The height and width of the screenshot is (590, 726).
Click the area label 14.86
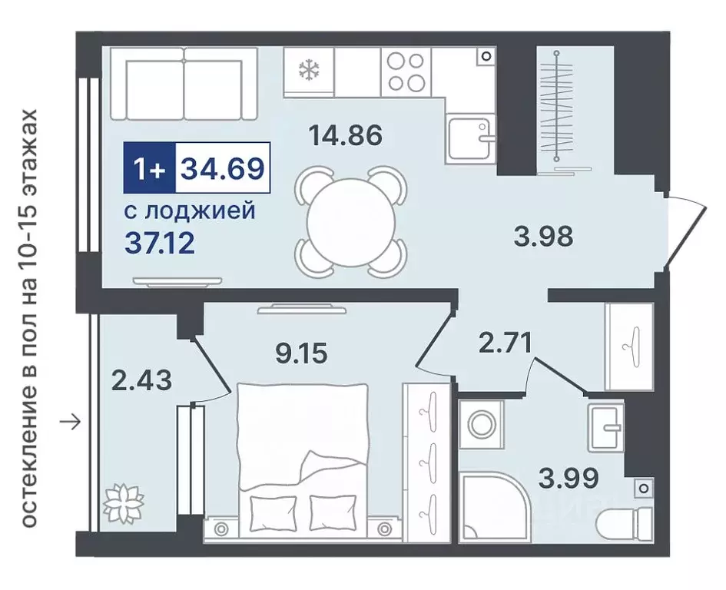coord(345,136)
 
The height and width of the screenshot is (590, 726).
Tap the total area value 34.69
coord(222,167)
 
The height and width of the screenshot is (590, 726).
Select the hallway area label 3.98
coord(543,236)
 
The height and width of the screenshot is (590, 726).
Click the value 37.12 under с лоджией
coord(159,244)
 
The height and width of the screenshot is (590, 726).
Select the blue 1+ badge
coord(150,167)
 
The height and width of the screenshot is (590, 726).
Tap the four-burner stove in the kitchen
coord(405,71)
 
